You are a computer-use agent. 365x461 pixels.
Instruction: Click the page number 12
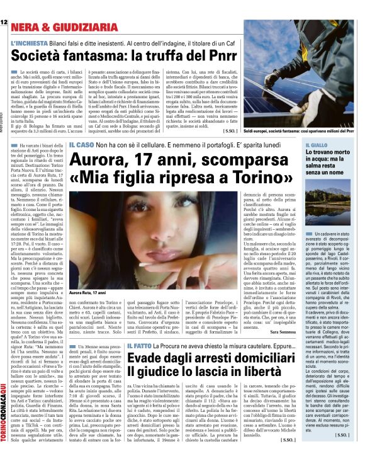pyautogui.click(x=4, y=4)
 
